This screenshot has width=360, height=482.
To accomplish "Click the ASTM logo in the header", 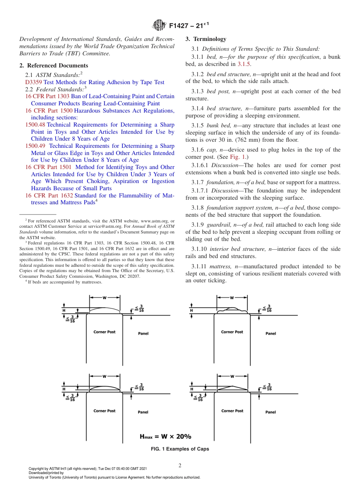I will click(x=159, y=26).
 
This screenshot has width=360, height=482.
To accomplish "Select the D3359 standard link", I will click(x=33, y=82).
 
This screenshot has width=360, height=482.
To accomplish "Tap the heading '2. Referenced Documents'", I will click(x=53, y=66).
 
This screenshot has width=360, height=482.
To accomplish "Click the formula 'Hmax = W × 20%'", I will click(x=166, y=437).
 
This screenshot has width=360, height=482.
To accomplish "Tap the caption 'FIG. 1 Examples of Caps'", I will click(x=180, y=449).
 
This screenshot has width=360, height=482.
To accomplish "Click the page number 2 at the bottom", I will click(x=180, y=466).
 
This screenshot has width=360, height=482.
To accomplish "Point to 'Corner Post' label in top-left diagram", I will click(x=105, y=332).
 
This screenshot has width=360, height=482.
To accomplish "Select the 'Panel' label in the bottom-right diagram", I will click(x=271, y=412).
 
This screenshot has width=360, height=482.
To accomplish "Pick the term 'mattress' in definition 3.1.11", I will click(x=220, y=266).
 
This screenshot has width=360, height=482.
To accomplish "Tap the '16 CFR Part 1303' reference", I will click(x=47, y=96).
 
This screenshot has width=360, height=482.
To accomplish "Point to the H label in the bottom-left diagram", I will click(x=64, y=389).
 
